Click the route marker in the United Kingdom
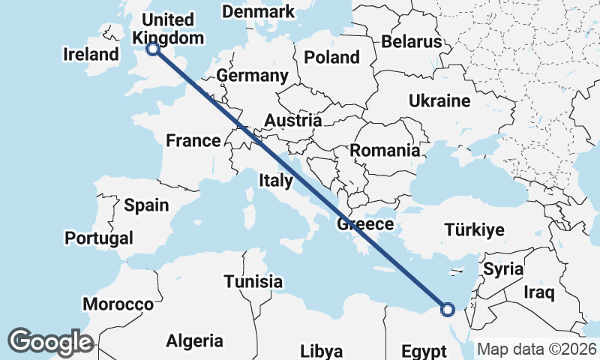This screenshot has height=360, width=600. (153, 49)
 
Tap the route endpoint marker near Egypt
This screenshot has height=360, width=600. (447, 308)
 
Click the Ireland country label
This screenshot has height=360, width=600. (91, 54)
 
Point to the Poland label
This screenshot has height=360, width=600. (331, 57)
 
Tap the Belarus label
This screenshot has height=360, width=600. (412, 41)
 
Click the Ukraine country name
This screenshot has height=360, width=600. (439, 100)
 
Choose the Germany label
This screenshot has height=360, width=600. (253, 75)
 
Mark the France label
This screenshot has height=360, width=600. (193, 140)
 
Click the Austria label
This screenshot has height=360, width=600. (293, 120)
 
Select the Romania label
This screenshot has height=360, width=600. (385, 150)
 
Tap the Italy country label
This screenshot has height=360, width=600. (275, 180)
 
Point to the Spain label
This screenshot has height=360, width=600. (147, 205)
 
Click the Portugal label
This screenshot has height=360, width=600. (99, 238)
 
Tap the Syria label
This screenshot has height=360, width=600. (502, 268)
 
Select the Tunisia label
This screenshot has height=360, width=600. (253, 282)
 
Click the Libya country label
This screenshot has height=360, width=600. (321, 351)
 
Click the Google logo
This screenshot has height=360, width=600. (50, 341)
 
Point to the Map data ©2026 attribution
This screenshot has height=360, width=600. (537, 349)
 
